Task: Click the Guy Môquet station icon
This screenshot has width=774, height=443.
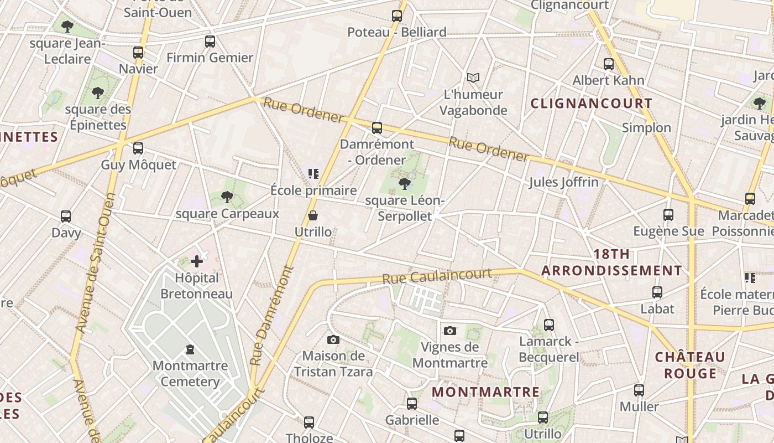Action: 138,148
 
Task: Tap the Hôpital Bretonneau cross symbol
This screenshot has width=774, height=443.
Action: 197,261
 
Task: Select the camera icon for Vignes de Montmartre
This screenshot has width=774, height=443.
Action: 450,331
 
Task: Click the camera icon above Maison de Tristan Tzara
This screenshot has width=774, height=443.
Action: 333,339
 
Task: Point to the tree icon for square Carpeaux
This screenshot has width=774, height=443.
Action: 227,197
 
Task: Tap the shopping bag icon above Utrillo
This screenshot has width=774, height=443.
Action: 313,215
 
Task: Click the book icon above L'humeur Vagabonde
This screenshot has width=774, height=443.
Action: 473,78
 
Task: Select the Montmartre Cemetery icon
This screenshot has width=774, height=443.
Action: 190,349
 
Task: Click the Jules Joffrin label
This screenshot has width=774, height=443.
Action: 563,182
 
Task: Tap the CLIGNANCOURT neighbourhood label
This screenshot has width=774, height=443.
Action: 592,104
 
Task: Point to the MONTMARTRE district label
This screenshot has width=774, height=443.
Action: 485,392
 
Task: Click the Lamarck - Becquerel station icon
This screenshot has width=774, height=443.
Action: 548,325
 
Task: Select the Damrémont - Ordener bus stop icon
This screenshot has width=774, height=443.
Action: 377,128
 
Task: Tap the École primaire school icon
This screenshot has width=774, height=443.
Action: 313,174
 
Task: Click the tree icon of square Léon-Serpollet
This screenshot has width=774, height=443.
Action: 405,184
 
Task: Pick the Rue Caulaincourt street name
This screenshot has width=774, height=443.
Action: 437,276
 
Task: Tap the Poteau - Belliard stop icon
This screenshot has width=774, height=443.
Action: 397,16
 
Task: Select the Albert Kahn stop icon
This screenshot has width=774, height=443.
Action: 609,64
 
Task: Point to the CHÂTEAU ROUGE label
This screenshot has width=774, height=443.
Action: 690,365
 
